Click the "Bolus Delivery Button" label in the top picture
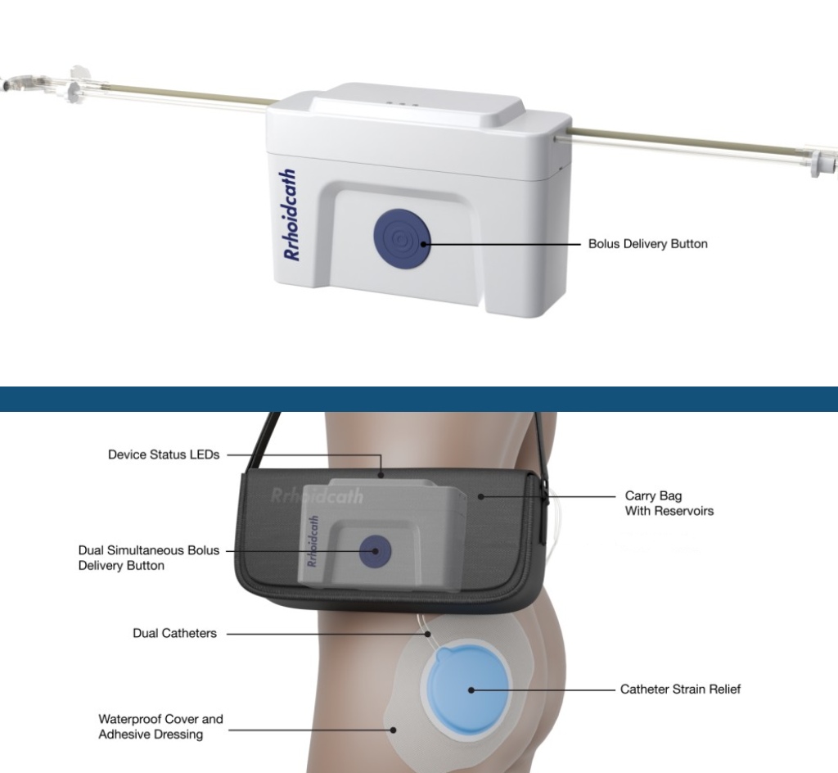[x=648, y=244]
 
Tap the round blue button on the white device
[x=402, y=238]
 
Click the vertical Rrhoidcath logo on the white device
[x=291, y=215]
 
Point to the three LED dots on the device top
[x=402, y=104]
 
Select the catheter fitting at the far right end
[x=823, y=160]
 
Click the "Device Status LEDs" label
[x=164, y=454]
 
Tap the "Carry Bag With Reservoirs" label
[x=669, y=503]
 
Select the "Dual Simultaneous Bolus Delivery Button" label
[x=149, y=558]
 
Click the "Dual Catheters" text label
[x=175, y=633]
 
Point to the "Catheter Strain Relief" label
[x=680, y=689]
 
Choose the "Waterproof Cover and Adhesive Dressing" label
[x=160, y=726]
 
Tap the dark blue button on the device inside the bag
[x=375, y=551]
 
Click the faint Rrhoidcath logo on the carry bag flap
[x=317, y=496]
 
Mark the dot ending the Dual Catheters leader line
[x=427, y=634]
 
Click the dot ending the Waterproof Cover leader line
[x=394, y=730]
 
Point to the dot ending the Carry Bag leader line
[x=481, y=496]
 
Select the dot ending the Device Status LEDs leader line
[x=381, y=475]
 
